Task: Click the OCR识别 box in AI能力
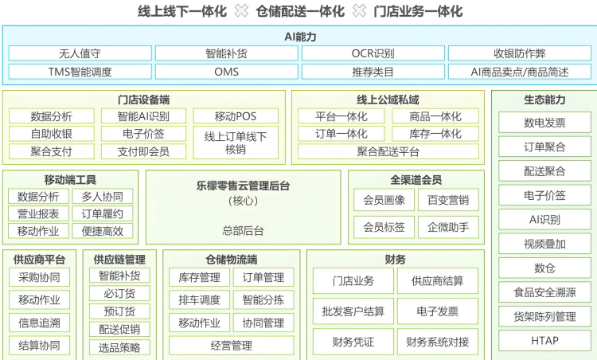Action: pyautogui.click(x=373, y=53)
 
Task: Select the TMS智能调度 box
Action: pyautogui.click(x=80, y=72)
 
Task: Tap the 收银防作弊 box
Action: pyautogui.click(x=519, y=53)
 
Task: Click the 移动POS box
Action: pyautogui.click(x=236, y=116)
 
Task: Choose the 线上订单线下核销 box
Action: pyautogui.click(x=236, y=143)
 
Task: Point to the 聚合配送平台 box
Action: pyautogui.click(x=388, y=151)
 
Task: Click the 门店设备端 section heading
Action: pyautogui.click(x=143, y=100)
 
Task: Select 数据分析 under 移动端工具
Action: pyautogui.click(x=38, y=197)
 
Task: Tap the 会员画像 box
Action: pyautogui.click(x=384, y=200)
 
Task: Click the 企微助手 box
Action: pyautogui.click(x=448, y=228)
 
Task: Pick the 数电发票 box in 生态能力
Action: pyautogui.click(x=544, y=123)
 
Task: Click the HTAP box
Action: pyautogui.click(x=544, y=341)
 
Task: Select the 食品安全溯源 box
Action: pyautogui.click(x=544, y=292)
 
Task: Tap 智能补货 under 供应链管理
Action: pyautogui.click(x=119, y=276)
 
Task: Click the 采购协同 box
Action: pyautogui.click(x=39, y=277)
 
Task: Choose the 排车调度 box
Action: pyautogui.click(x=199, y=299)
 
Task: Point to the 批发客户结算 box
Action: pyautogui.click(x=353, y=311)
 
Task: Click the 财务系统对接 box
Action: pyautogui.click(x=438, y=342)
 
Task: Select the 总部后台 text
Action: pyautogui.click(x=244, y=230)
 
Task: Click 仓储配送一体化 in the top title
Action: pyautogui.click(x=300, y=11)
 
